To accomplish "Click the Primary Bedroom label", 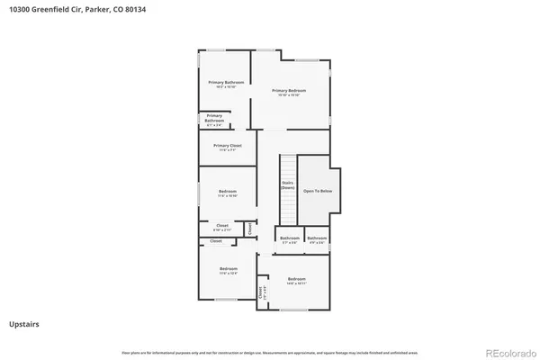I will coord(290,91).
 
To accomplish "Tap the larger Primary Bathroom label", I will coord(226,83).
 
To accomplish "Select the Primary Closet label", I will coord(227,146).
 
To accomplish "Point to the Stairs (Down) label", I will coord(288,184).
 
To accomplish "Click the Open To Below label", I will coord(318,191).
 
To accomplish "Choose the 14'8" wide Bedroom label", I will coord(297,280).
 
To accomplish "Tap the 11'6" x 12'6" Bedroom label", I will coord(229,270).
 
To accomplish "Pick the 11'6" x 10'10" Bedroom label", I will coord(228,192).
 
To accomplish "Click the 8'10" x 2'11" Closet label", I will coord(221,226).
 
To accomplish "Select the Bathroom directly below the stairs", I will coord(290,238).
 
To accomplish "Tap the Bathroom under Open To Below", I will coord(317,238).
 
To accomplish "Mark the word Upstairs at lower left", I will coord(23,323).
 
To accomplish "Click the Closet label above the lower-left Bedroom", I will coord(216,241).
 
